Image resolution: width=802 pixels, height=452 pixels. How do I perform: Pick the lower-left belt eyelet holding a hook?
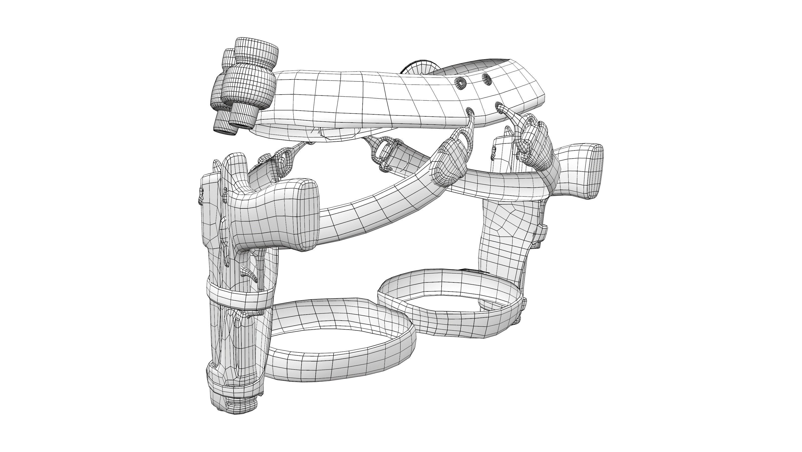click(x=469, y=111)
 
